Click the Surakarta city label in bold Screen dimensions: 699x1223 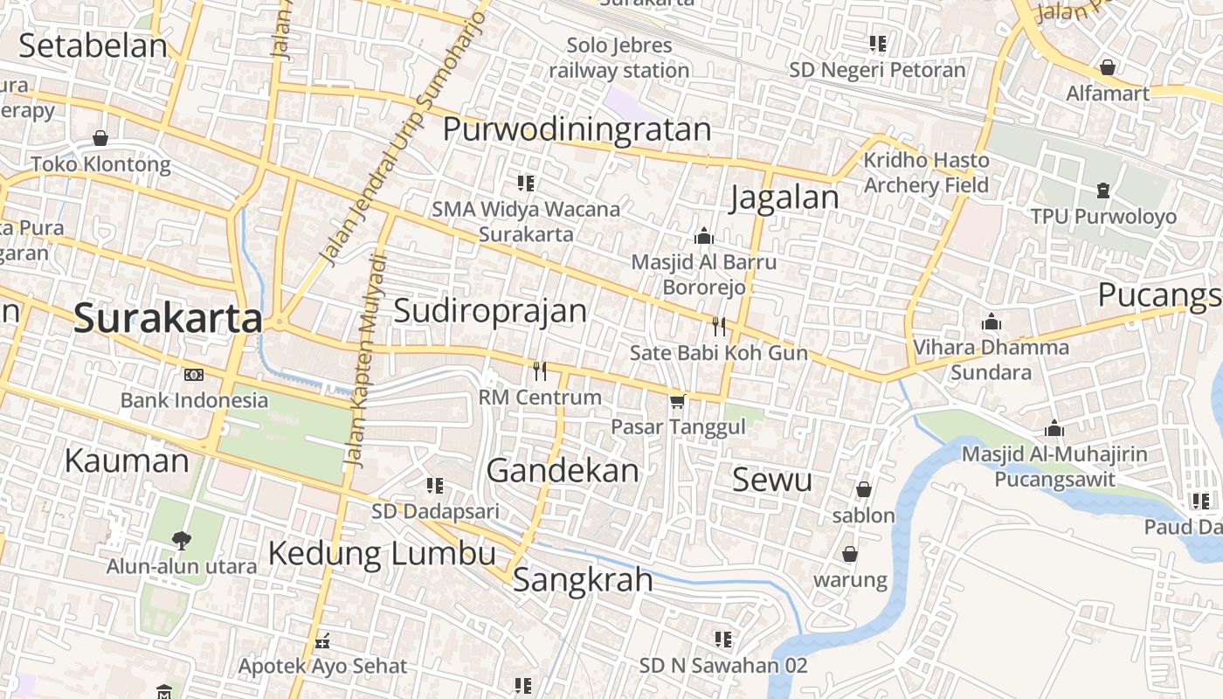(x=168, y=319)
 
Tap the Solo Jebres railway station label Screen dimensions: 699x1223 (x=619, y=58)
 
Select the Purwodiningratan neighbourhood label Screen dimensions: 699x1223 (x=577, y=129)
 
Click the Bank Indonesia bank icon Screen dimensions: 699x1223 (x=194, y=375)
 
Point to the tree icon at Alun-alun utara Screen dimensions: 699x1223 (x=182, y=540)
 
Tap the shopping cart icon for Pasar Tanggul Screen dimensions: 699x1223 (x=677, y=402)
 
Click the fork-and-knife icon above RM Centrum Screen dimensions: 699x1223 (x=540, y=371)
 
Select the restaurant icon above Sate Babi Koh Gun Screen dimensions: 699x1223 (x=719, y=327)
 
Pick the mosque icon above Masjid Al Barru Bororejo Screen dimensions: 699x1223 (x=703, y=236)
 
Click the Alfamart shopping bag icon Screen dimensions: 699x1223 (x=1108, y=67)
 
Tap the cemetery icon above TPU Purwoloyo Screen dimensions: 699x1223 (x=1103, y=190)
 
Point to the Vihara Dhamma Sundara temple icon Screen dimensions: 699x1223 (x=991, y=322)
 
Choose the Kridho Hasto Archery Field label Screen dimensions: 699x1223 (x=926, y=172)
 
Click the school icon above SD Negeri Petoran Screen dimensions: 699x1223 (x=877, y=44)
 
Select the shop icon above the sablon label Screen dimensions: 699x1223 (x=864, y=489)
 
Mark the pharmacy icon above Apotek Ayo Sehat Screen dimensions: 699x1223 (x=322, y=642)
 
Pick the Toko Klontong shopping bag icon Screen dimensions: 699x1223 (x=100, y=138)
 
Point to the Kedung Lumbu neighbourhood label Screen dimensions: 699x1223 (x=382, y=553)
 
